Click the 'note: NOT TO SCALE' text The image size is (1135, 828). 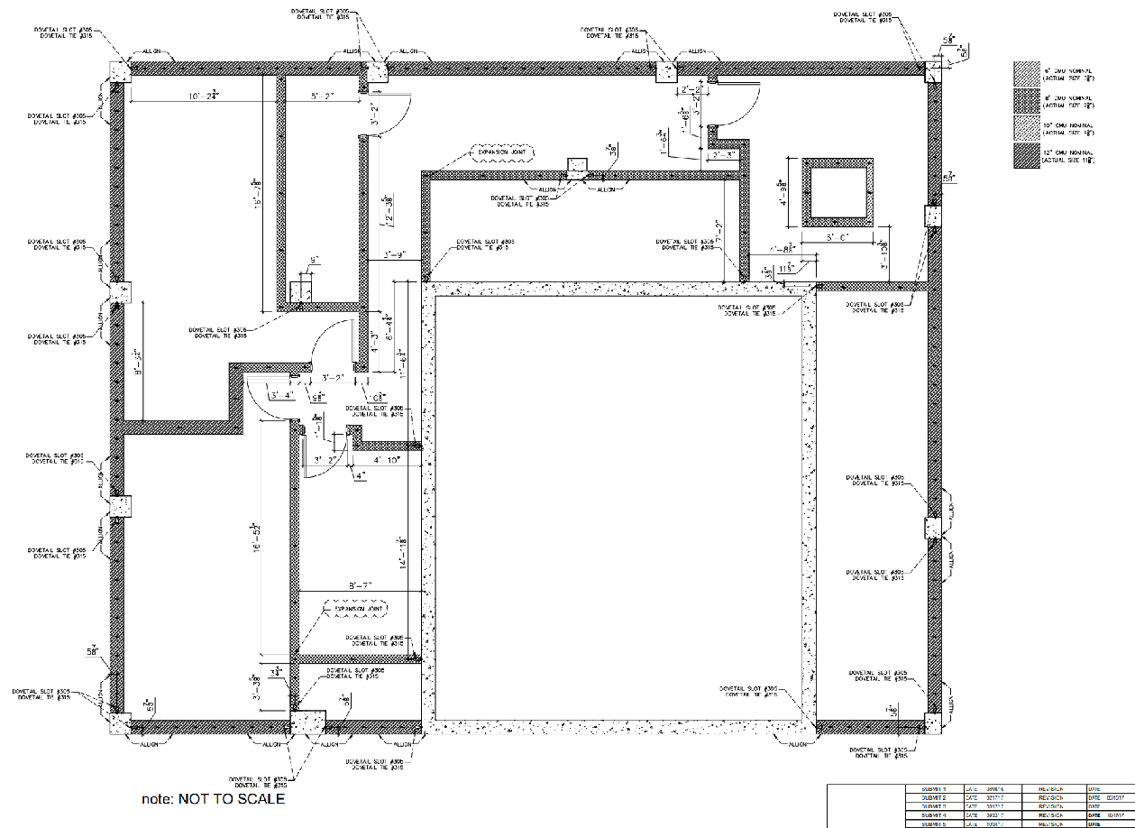point(213,798)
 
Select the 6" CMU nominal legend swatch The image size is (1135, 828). point(1026,73)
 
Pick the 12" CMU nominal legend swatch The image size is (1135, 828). point(1026,157)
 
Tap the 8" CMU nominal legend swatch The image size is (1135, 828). point(1026,101)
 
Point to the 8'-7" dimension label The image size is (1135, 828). point(360,585)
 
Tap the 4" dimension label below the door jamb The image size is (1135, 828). point(360,474)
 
